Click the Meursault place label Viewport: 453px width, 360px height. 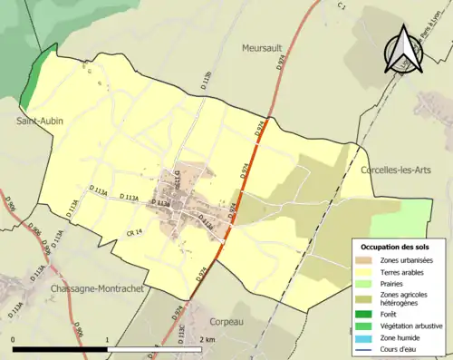point(264,47)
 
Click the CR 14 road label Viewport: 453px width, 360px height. point(134,234)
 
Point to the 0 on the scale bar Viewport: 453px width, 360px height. point(14,339)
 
